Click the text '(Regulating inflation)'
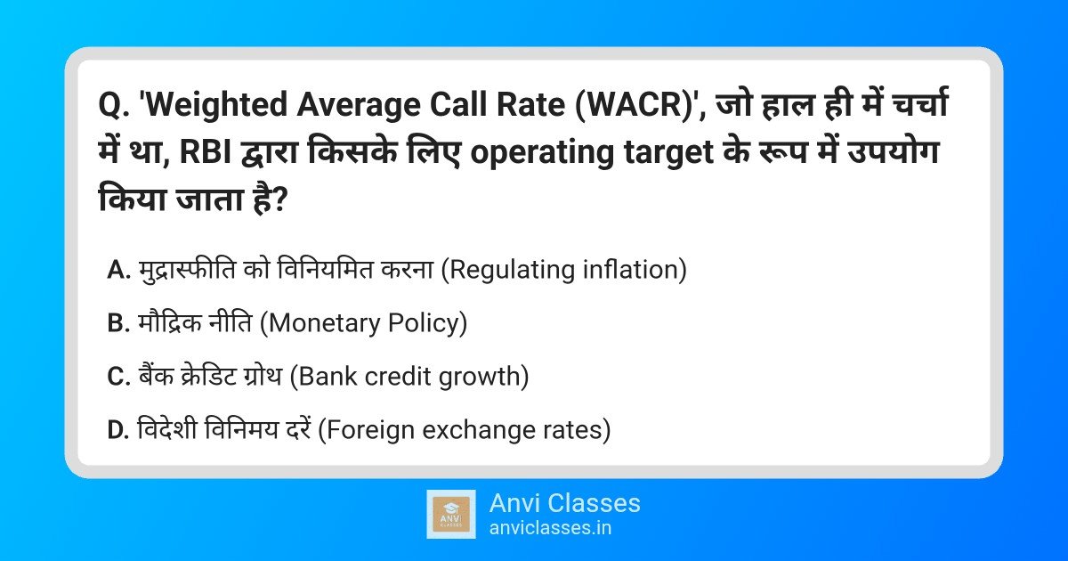coord(564,270)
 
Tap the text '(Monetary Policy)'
coord(363,323)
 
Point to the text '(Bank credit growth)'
coord(410,377)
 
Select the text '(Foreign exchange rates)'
coord(465,430)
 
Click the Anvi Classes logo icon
coord(451,514)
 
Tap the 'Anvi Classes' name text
coord(564,503)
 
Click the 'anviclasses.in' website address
coord(549,528)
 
